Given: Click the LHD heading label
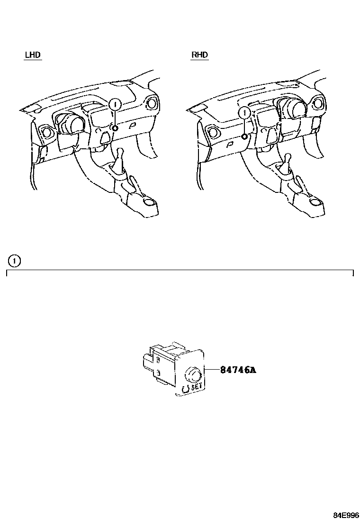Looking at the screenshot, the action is [33, 55].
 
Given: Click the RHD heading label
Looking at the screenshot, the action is [199, 55].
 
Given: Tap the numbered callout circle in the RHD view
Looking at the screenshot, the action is [244, 113].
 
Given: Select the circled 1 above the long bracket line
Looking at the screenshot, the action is [15, 260].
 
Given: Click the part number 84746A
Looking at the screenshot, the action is [238, 370].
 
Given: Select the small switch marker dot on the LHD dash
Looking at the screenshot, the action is [115, 128].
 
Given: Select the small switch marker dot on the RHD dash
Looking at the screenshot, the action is [243, 136].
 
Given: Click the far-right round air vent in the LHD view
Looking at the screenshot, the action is [152, 103].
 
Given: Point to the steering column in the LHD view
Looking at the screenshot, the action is [72, 124].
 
